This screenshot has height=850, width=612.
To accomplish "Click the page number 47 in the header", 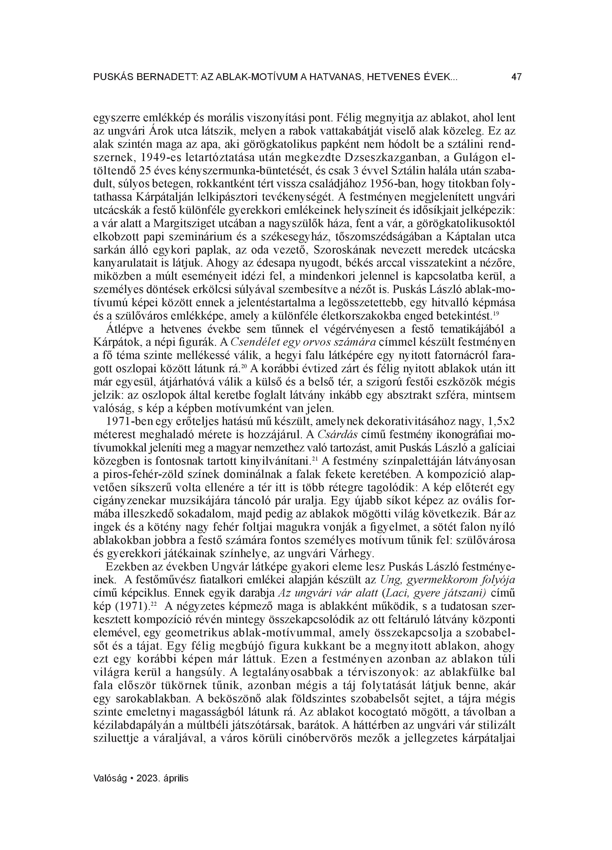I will (516, 77).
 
